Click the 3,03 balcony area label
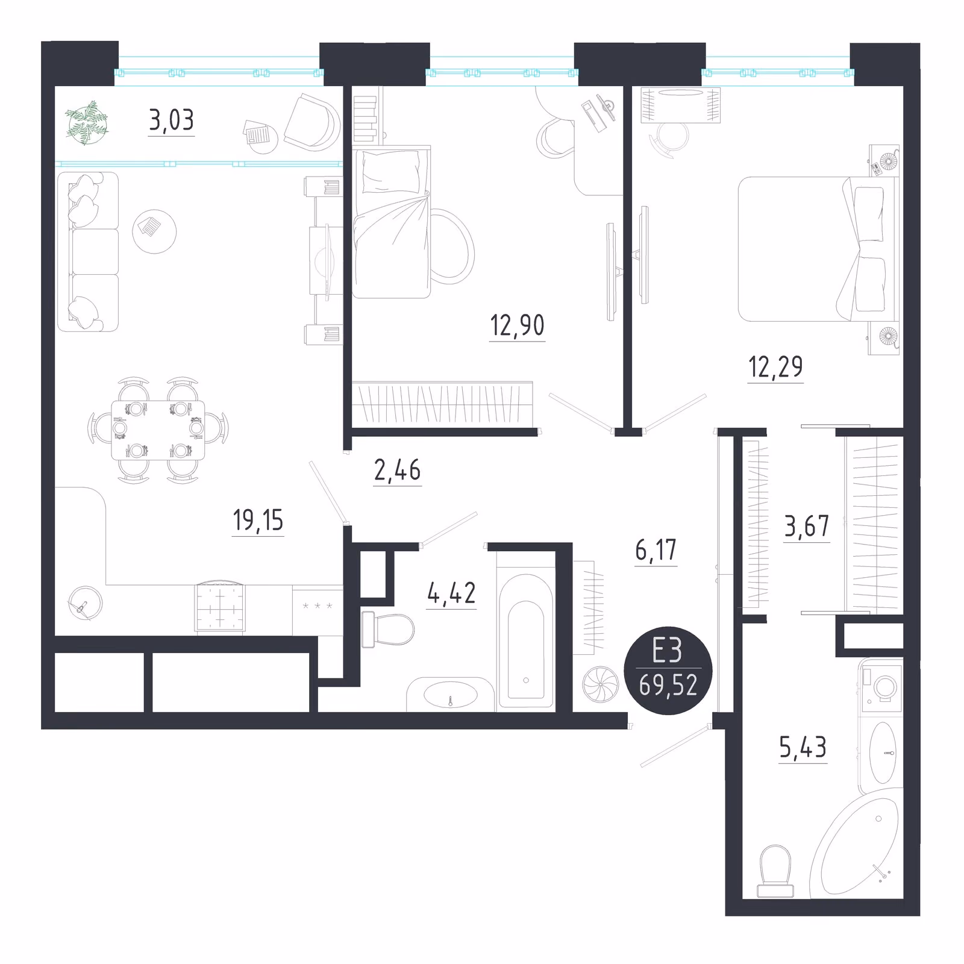pos(172,120)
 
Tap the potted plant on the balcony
pos(88,124)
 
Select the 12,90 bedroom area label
pos(518,325)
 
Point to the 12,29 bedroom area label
pos(775,366)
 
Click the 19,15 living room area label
pos(258,520)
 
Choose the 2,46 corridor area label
pos(397,470)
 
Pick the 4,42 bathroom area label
pos(451,593)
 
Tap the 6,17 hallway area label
pos(656,550)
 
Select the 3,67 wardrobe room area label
pos(806,526)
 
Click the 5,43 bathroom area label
pos(803,748)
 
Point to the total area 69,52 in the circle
pos(668,685)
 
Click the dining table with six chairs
pos(158,430)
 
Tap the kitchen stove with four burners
pos(220,607)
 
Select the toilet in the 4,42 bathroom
pos(387,630)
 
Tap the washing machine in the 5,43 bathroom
pos(881,686)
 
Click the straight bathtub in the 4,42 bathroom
pos(526,640)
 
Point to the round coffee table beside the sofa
pos(154,231)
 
